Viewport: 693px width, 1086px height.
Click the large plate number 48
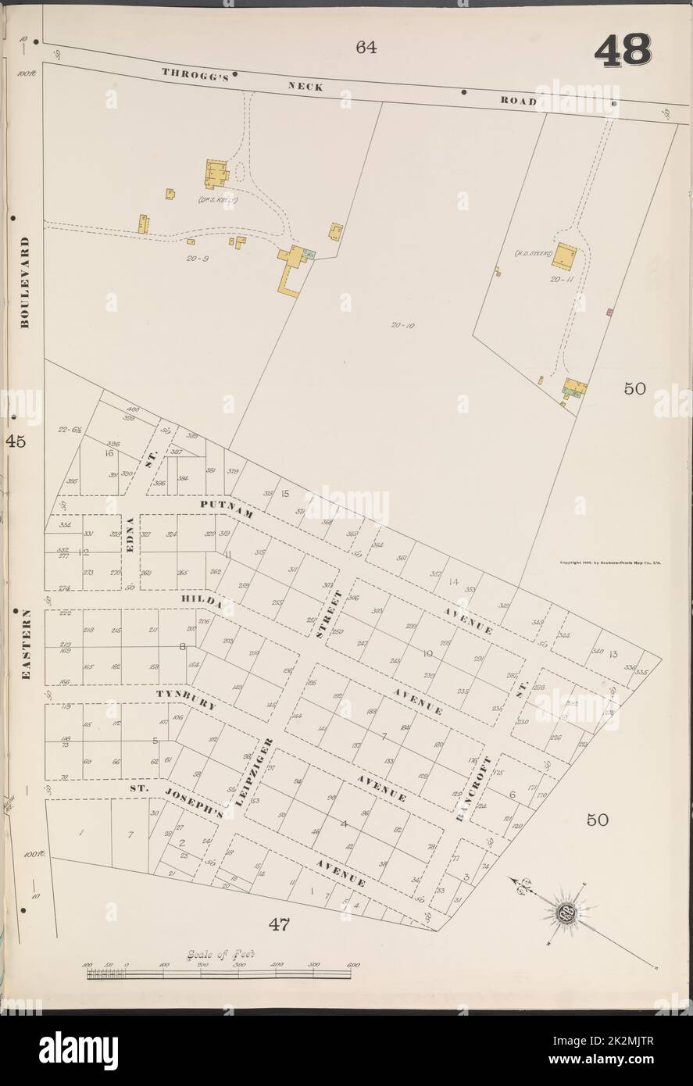point(623,52)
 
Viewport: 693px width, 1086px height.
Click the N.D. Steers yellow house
point(565,255)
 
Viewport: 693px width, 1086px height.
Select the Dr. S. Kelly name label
point(220,200)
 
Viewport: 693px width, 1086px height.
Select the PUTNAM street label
point(217,505)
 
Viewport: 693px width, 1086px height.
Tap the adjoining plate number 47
point(280,925)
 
